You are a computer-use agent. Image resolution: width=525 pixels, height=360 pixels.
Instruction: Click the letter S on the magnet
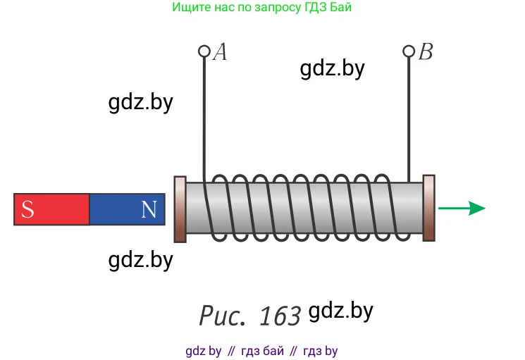coord(27,209)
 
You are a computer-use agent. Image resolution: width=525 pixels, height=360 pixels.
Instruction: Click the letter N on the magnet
coord(149,209)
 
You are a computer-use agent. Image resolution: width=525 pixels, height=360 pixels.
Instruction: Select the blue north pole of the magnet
coord(127,209)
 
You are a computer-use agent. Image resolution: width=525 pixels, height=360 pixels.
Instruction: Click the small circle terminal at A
coord(204,51)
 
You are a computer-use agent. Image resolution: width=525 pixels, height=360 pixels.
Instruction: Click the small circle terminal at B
coord(409,51)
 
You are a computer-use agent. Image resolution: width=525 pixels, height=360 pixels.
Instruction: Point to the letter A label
coord(221,52)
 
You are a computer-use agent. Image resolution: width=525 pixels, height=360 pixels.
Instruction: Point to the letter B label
coord(426,52)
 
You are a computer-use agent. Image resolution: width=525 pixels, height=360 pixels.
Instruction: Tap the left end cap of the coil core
coord(180,209)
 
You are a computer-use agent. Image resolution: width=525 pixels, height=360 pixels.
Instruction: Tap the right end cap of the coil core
coord(428,209)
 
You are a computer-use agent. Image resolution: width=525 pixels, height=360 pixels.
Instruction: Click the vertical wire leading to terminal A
coord(204,113)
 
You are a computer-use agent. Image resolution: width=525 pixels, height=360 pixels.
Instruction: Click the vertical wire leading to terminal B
coord(409,113)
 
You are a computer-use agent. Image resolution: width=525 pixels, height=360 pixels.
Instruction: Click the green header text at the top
coord(261,8)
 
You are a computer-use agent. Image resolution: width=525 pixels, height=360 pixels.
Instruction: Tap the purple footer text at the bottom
coord(261,351)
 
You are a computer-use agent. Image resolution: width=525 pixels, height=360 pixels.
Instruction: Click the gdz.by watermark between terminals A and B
coord(332,68)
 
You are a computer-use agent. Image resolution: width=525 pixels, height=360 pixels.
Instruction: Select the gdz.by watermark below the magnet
coord(141,260)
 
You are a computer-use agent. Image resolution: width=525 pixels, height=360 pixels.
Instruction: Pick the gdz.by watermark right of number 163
coord(341,311)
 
